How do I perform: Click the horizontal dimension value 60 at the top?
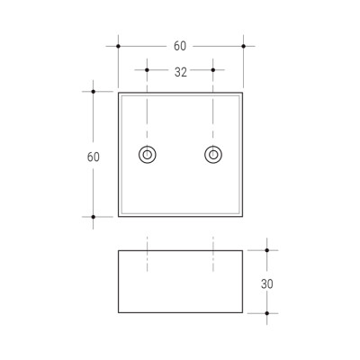(x=180, y=46)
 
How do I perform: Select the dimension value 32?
(x=181, y=72)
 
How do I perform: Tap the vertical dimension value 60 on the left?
(x=94, y=157)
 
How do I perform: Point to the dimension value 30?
(x=267, y=284)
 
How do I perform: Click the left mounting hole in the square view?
(x=148, y=155)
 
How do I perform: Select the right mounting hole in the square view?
(x=213, y=155)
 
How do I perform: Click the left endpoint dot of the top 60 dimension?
(x=118, y=46)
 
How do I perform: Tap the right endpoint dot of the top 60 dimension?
(x=244, y=46)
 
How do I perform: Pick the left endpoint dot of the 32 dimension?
(x=147, y=70)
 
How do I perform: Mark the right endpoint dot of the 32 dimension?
(x=213, y=70)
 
